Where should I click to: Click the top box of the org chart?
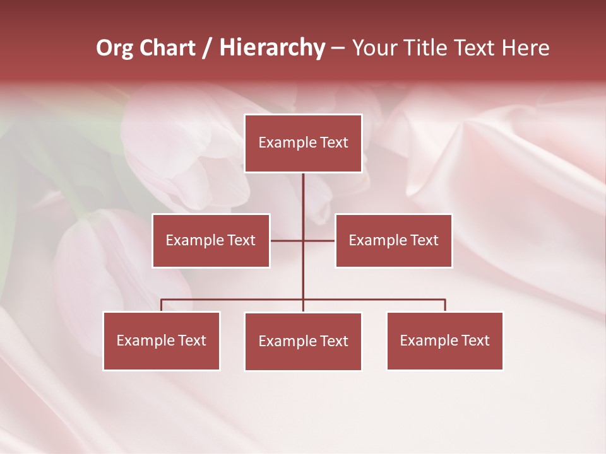[x=303, y=143]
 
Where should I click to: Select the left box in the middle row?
[x=211, y=240]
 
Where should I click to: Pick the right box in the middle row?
[x=393, y=240]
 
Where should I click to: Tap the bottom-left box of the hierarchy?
[x=162, y=340]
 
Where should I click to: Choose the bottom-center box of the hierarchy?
[x=303, y=341]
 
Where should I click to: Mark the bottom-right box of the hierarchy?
[x=445, y=340]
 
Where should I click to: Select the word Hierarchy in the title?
[x=272, y=48]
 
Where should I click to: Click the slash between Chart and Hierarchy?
[x=207, y=49]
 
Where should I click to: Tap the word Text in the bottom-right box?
[x=475, y=340]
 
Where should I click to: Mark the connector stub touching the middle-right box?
[x=319, y=240]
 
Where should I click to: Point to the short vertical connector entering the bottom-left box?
[x=162, y=305]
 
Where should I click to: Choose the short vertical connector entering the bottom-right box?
[x=445, y=305]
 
